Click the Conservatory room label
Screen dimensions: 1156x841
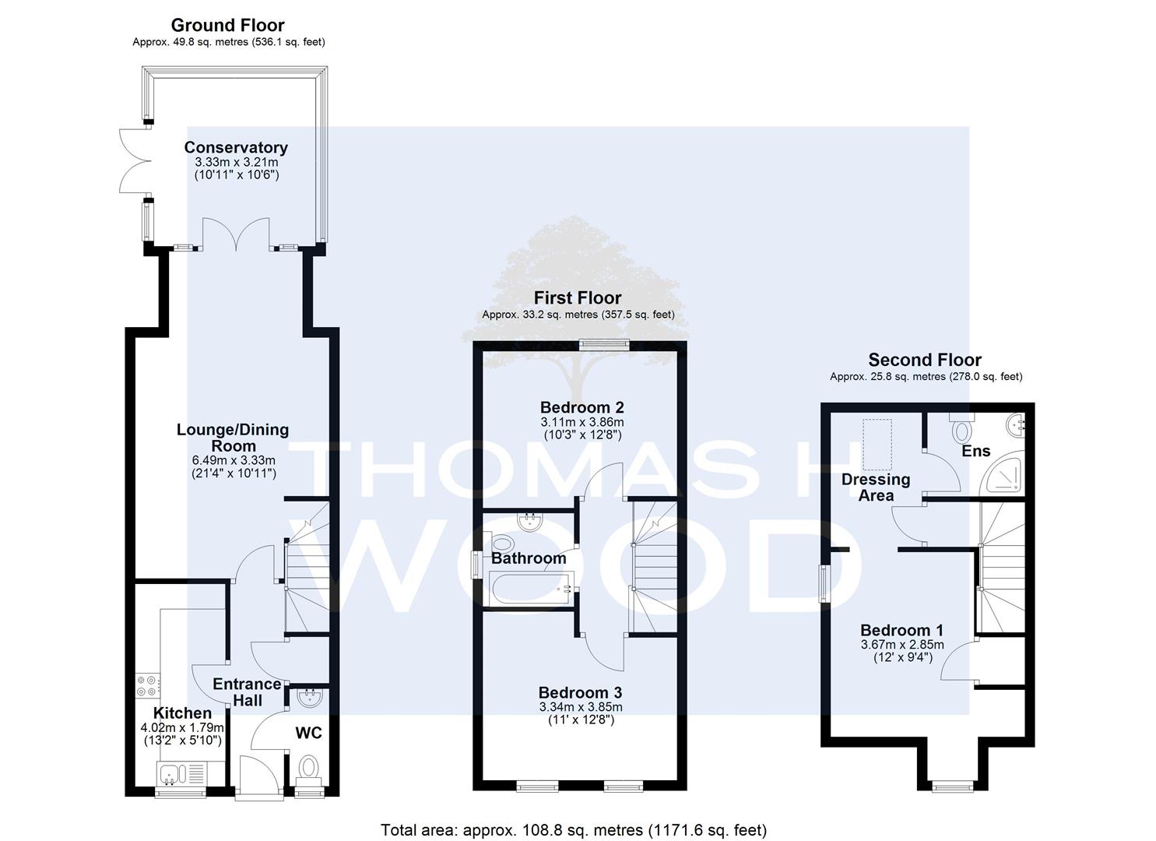click(236, 148)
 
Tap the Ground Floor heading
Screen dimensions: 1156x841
click(227, 25)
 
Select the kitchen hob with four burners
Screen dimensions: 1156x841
click(148, 685)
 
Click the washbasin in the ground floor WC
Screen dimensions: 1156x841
click(310, 698)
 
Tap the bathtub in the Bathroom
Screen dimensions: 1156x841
click(529, 589)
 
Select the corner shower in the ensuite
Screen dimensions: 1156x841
click(1003, 473)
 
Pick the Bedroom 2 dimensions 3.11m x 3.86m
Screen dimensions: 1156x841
click(582, 422)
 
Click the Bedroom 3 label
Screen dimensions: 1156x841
click(581, 692)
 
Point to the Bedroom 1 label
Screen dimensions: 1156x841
click(901, 631)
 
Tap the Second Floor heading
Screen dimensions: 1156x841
click(925, 359)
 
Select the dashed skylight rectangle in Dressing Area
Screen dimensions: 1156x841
click(877, 445)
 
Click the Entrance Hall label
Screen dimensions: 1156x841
click(248, 692)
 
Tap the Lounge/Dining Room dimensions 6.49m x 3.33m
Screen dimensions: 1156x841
click(234, 460)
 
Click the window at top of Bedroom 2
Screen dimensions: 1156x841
click(604, 344)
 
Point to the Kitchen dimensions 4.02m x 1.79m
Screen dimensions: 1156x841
click(182, 727)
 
